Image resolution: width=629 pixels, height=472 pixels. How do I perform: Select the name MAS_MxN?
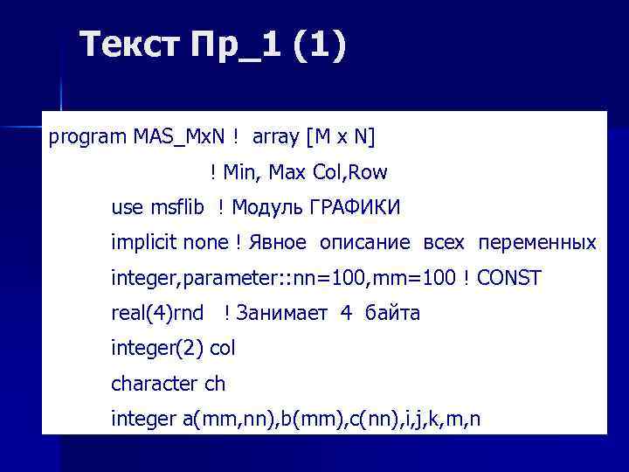coord(180,136)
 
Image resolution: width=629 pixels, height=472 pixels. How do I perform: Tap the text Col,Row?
coord(351,172)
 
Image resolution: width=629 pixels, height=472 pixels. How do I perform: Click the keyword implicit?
coord(141,242)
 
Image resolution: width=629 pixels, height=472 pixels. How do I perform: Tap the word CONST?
coord(510,278)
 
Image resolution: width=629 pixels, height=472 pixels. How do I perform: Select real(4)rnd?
coord(157,313)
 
